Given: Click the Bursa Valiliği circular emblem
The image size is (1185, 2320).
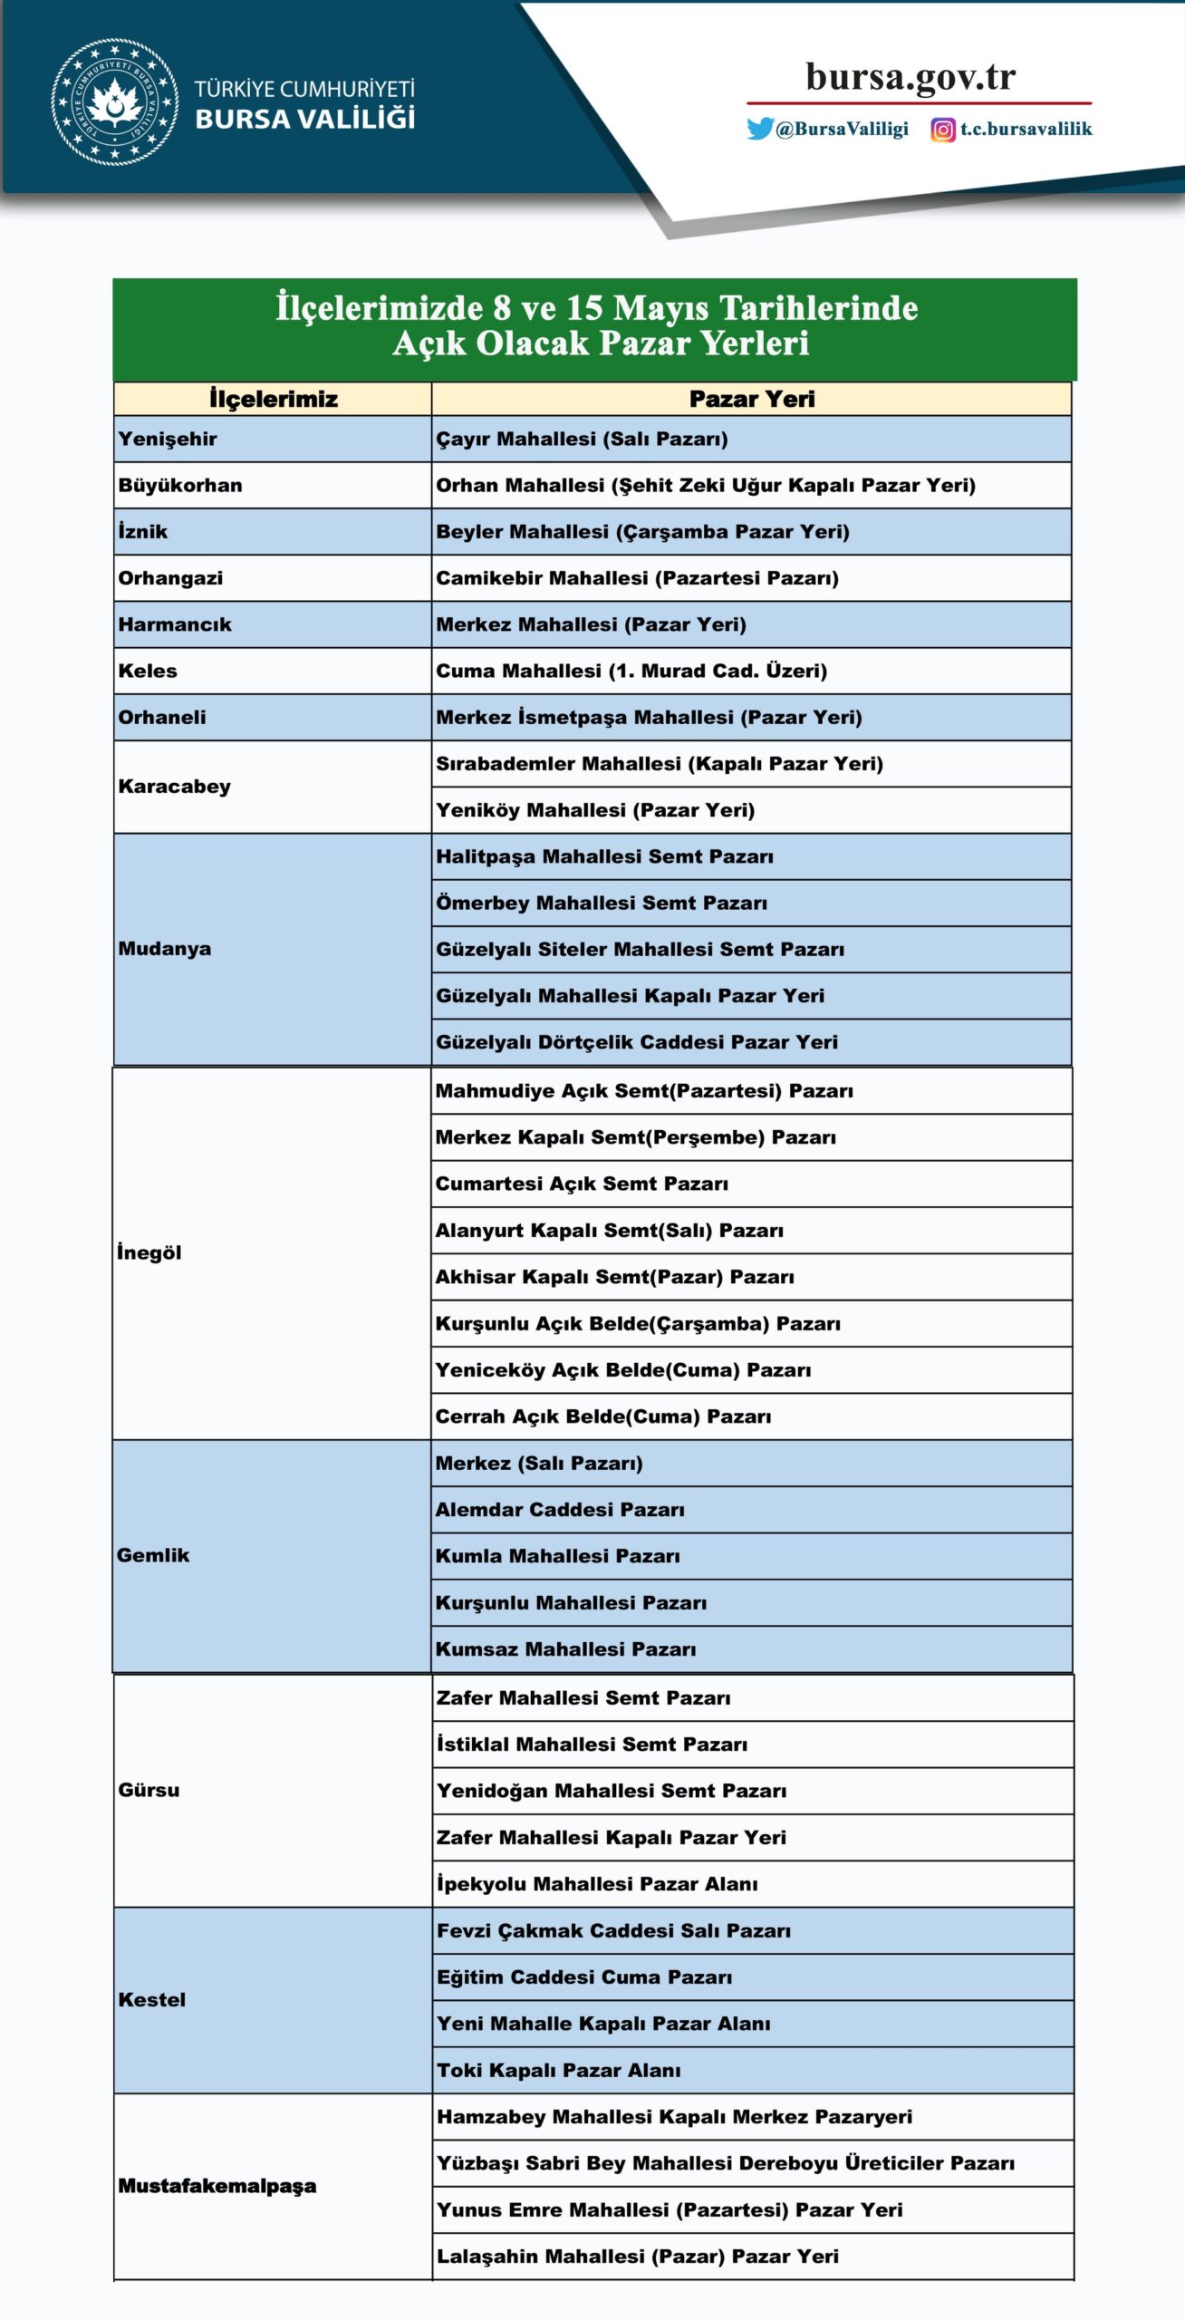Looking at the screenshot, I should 114,101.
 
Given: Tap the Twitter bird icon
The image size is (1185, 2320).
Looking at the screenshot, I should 759,129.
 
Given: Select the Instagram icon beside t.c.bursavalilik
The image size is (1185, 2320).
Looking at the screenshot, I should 943,130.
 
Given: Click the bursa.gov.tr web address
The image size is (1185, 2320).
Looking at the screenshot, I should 910,77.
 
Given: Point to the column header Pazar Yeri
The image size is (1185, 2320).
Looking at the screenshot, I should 751,399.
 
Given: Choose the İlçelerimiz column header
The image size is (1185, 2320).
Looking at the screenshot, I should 273,399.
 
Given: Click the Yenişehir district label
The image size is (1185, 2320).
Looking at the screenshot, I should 168,440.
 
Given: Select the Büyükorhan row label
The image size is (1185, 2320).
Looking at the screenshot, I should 180,486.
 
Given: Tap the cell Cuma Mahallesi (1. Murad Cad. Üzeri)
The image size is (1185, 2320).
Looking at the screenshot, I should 631,672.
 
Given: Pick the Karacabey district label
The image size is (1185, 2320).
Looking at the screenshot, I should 174,787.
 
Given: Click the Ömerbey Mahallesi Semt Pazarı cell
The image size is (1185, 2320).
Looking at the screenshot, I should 602,904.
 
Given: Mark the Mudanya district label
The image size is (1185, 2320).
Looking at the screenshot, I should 164,949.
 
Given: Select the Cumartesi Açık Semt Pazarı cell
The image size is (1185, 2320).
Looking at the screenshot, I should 582,1184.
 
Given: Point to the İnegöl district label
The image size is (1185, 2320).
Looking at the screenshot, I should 149,1253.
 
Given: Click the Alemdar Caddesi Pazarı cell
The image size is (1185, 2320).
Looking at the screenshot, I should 560,1510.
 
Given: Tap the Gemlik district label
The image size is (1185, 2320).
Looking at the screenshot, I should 153,1556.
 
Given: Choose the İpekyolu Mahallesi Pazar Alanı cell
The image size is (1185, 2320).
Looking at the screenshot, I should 597,1884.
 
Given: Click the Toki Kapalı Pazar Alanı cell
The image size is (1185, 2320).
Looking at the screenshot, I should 558,2071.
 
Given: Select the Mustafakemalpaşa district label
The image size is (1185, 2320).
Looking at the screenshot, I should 217,2186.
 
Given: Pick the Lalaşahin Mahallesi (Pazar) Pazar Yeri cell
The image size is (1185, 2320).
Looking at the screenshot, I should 638,2257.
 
